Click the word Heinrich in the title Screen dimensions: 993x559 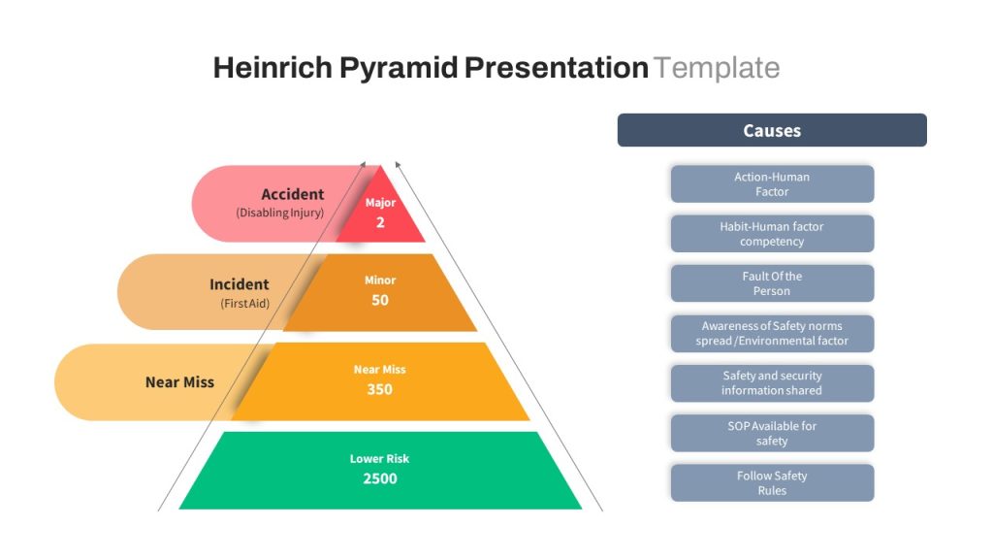coord(272,68)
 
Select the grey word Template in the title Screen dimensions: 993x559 coord(717,68)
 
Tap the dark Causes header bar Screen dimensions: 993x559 coord(772,130)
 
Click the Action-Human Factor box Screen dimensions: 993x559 coord(772,183)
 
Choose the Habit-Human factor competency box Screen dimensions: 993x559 coord(772,234)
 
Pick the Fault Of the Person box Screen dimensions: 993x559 coord(772,283)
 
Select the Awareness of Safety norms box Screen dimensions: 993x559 coord(772,334)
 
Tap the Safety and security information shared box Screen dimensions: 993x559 coord(772,382)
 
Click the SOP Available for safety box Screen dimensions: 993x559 coord(772,433)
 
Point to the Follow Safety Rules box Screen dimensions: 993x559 coord(772,483)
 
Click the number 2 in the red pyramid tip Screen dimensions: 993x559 coord(380,222)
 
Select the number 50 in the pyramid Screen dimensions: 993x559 coord(380,300)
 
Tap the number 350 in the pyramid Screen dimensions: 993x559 coord(380,389)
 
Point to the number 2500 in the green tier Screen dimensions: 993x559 coord(380,478)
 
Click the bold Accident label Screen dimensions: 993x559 coord(293,194)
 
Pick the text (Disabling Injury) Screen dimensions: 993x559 coord(280,213)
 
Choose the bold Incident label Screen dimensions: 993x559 coord(240,284)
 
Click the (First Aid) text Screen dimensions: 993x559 coord(245,304)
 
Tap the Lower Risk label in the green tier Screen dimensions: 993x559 coord(380,458)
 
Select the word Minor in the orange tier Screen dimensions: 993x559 coord(380,280)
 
